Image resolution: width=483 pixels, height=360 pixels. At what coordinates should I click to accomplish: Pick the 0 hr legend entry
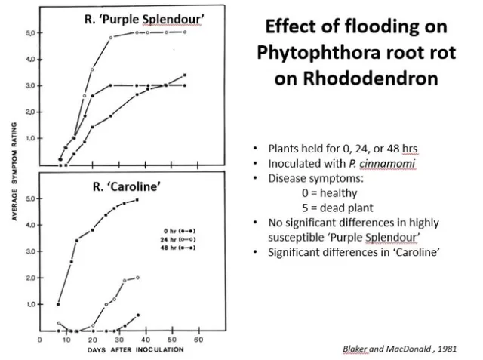click(180, 230)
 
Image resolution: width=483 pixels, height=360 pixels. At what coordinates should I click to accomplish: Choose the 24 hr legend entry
click(180, 238)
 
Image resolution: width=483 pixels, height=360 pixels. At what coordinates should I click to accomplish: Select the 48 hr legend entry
click(180, 247)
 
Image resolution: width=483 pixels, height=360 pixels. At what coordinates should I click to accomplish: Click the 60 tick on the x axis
click(198, 340)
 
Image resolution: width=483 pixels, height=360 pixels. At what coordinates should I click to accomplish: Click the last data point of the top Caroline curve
click(137, 200)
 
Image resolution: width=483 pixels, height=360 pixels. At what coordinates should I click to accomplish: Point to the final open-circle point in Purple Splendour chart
click(185, 32)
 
